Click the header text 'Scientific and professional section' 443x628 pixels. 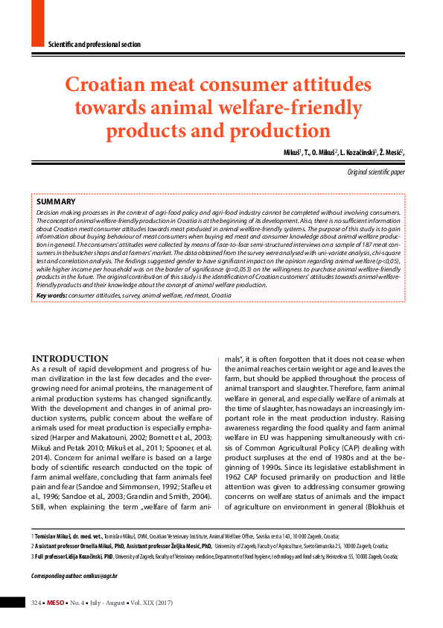(94, 45)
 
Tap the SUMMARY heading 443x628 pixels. (56, 202)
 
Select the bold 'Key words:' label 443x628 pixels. (51, 295)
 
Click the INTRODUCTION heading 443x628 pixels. (70, 359)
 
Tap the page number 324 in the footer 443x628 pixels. (36, 602)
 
